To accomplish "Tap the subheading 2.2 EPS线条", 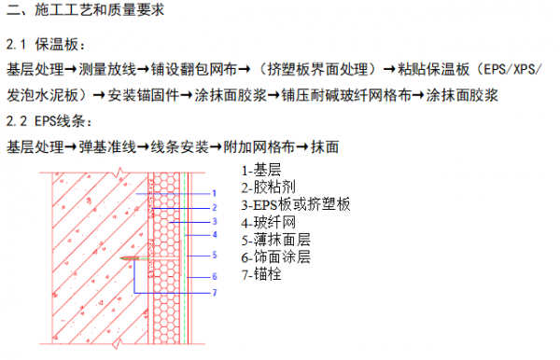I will pos(58,121).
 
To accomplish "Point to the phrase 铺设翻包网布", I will pos(196,69).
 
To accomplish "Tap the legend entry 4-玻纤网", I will pos(268,223).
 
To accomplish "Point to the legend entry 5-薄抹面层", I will pos(275,240).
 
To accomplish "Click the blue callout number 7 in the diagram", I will pos(214,293).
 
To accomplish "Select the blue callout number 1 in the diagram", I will pos(214,192).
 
